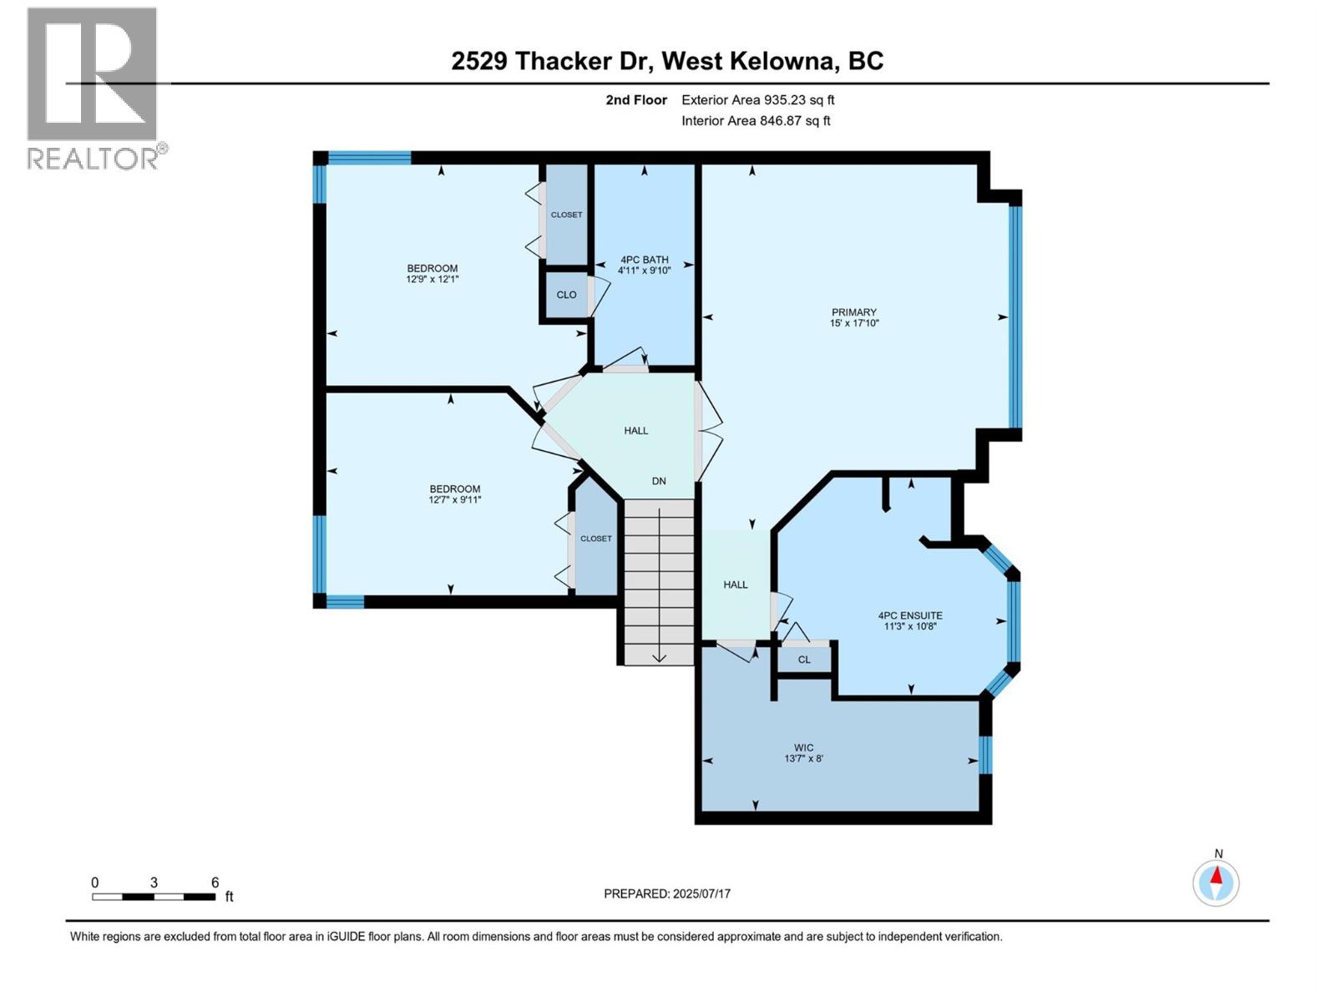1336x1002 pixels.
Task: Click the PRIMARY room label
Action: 853,312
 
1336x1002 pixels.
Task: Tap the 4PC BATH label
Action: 644,260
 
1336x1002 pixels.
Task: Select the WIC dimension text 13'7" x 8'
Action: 803,759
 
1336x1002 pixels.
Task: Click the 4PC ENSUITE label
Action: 910,615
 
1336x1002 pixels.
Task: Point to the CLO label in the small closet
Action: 566,295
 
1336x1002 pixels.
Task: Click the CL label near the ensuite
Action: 804,660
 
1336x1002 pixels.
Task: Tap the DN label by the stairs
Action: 659,481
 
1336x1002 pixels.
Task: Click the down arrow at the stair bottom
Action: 659,655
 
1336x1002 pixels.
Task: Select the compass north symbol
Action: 1216,882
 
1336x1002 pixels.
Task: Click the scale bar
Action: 154,897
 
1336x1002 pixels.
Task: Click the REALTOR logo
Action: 93,88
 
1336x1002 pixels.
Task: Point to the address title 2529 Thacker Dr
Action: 667,61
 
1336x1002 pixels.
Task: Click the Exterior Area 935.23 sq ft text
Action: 757,100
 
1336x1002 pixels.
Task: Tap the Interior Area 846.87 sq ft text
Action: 756,120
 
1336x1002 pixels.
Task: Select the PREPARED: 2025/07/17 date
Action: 667,893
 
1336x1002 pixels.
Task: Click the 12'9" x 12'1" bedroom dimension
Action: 433,280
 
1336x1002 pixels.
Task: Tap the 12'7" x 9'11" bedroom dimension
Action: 454,500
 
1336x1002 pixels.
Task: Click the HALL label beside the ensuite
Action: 735,584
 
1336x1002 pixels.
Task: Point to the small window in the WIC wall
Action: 985,754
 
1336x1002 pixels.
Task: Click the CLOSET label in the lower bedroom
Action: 596,539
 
